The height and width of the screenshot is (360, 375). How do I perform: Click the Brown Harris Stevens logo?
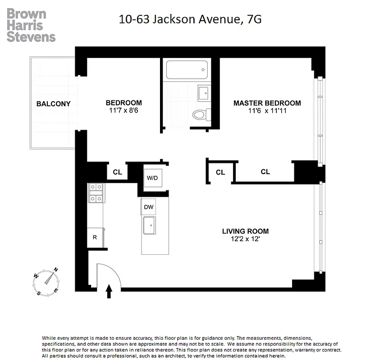coord(31,25)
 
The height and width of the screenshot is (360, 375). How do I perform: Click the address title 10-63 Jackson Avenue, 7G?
coord(190,19)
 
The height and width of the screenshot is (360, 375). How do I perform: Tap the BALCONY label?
coord(53,104)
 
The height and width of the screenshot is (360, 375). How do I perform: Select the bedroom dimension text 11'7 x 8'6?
coord(123,110)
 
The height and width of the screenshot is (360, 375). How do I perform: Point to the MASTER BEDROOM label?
coord(267,103)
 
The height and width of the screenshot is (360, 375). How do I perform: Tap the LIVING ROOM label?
coord(245,231)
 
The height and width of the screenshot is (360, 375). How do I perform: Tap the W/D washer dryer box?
coord(152,178)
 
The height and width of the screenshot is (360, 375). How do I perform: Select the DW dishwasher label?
coord(149,207)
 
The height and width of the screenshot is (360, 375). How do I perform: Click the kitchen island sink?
coord(149,225)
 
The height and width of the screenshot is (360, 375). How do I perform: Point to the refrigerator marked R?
coord(95,237)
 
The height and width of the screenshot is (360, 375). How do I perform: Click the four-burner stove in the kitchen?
coord(95,192)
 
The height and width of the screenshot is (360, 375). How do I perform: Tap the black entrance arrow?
coord(109,291)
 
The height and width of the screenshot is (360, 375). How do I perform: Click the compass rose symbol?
coord(46,281)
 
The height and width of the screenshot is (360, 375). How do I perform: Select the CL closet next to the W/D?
coord(117,172)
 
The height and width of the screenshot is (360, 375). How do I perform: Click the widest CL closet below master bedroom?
coord(265,171)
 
